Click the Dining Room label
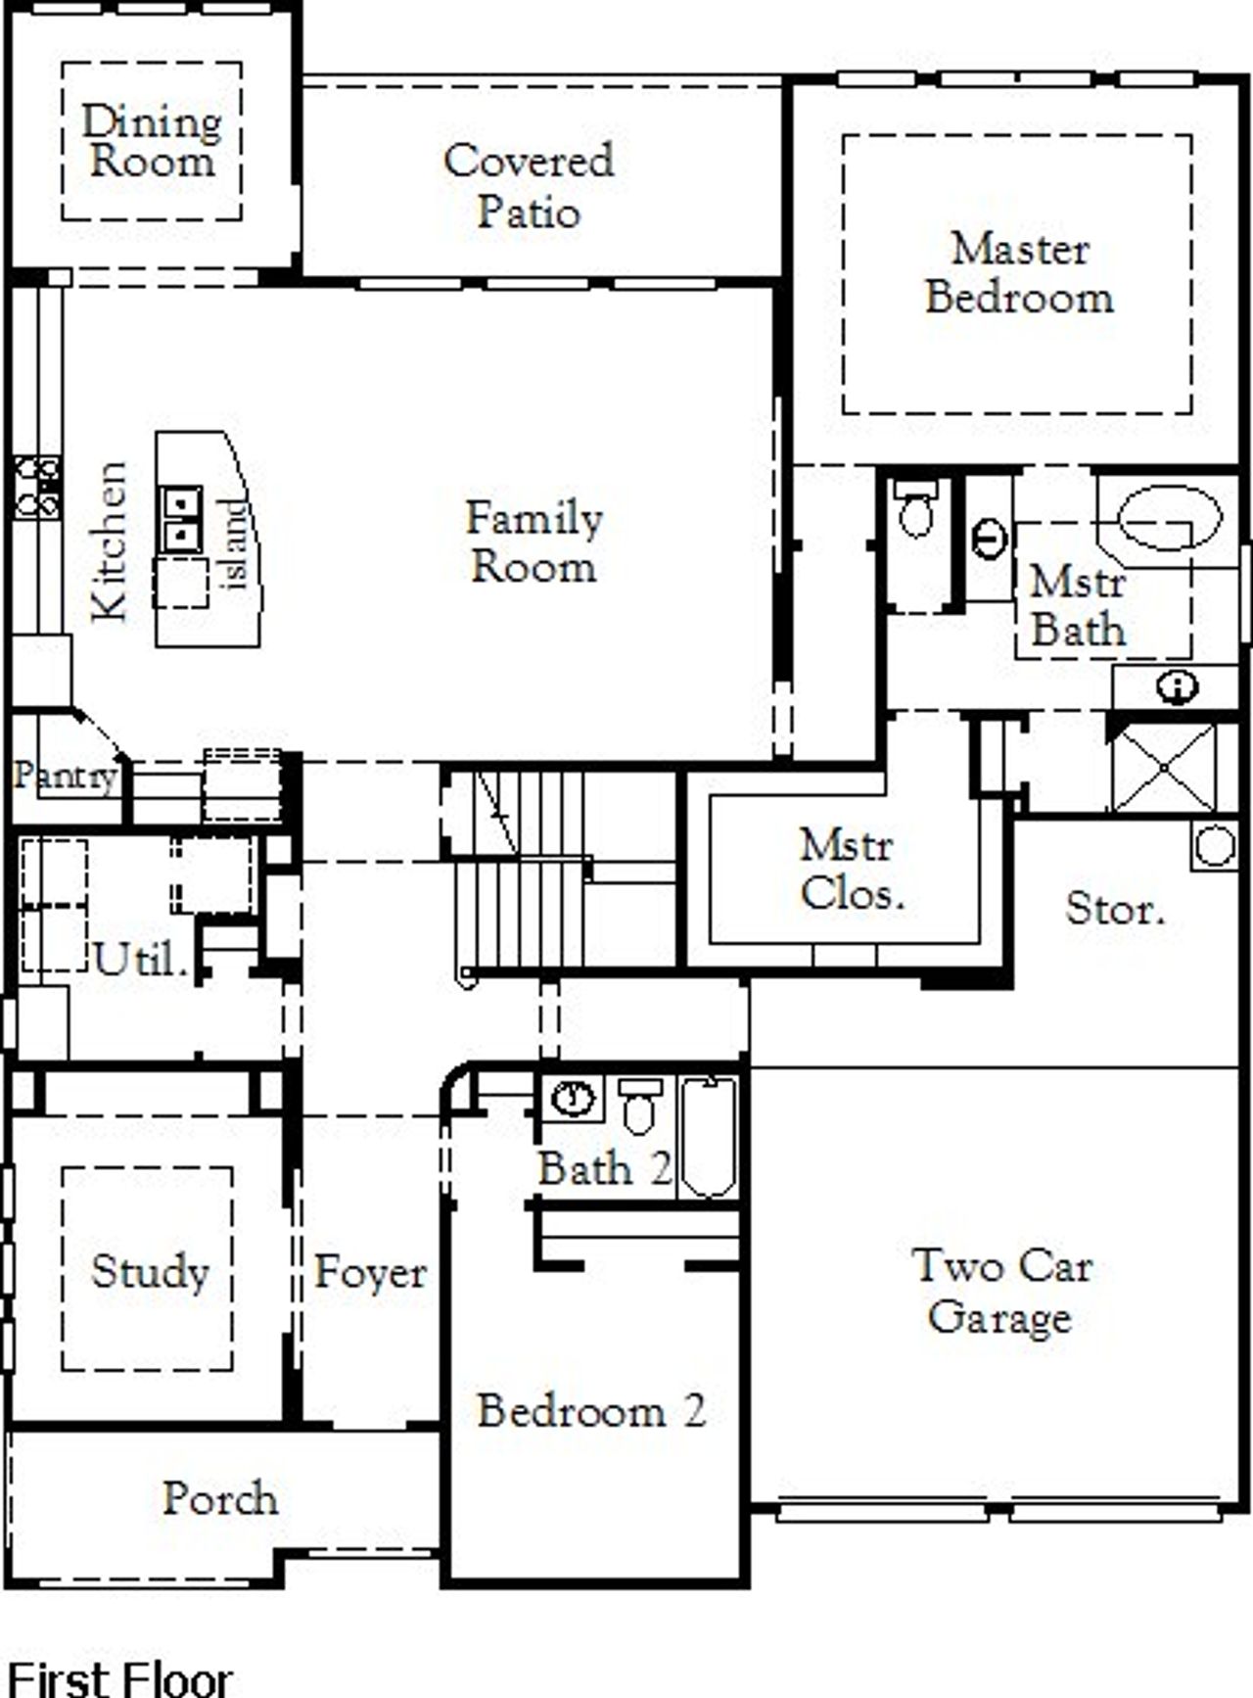pyautogui.click(x=151, y=141)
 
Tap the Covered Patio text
pyautogui.click(x=529, y=186)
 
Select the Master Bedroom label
pyautogui.click(x=1019, y=273)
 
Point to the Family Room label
pyautogui.click(x=534, y=542)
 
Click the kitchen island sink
pyautogui.click(x=181, y=519)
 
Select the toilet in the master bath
pyautogui.click(x=915, y=509)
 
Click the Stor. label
pyautogui.click(x=1115, y=910)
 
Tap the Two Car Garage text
pyautogui.click(x=1000, y=1291)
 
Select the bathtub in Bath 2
pyautogui.click(x=709, y=1138)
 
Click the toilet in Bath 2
pyautogui.click(x=640, y=1107)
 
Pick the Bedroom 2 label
pyautogui.click(x=591, y=1411)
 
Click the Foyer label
pyautogui.click(x=370, y=1273)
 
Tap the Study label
pyautogui.click(x=150, y=1272)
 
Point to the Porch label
pyautogui.click(x=220, y=1499)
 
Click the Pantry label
pyautogui.click(x=65, y=777)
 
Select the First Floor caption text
pyautogui.click(x=119, y=1677)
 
